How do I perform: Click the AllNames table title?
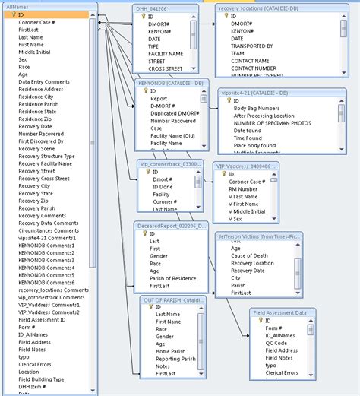coord(17,7)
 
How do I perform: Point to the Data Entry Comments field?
coord(45,81)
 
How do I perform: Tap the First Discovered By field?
coord(42,141)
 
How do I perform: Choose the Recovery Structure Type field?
coord(46,156)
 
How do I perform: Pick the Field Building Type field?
coord(41,379)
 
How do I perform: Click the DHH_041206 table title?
coord(153,8)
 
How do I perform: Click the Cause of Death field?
coord(251,255)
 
